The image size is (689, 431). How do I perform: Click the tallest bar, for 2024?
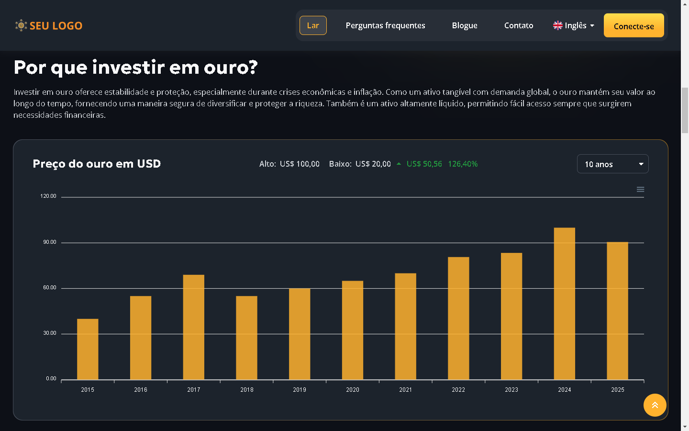click(564, 304)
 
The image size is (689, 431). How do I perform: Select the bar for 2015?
click(88, 349)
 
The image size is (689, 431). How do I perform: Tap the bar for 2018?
click(246, 338)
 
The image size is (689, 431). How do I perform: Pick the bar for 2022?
click(458, 318)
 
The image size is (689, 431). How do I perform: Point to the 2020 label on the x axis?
click(353, 390)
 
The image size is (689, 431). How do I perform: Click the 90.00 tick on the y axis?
click(50, 242)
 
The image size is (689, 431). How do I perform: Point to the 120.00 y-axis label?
click(48, 196)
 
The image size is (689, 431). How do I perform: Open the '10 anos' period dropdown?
click(612, 164)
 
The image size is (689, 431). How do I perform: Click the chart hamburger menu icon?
click(640, 190)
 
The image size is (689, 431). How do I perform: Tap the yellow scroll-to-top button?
click(655, 405)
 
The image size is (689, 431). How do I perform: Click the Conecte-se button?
click(633, 26)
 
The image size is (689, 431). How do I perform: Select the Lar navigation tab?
click(313, 25)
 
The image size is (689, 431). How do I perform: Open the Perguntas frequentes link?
click(385, 25)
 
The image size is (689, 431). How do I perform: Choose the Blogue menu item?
click(465, 25)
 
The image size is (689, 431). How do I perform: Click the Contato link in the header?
click(519, 25)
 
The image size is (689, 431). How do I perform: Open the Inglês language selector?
click(574, 25)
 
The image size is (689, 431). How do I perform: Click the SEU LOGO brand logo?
click(49, 25)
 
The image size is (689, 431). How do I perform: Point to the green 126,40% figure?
click(463, 164)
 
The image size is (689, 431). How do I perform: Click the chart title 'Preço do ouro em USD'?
click(97, 164)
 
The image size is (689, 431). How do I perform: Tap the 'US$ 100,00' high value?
click(300, 164)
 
